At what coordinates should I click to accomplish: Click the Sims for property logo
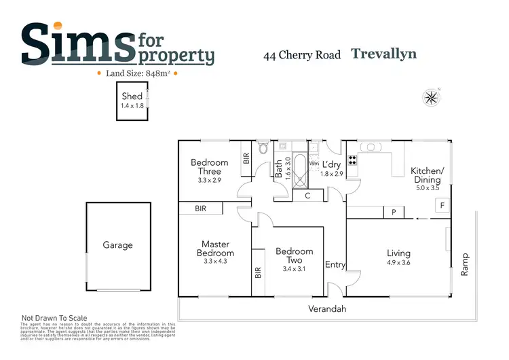[x=117, y=44]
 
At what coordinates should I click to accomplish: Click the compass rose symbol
[x=431, y=97]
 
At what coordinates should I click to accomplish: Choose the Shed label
[x=132, y=97]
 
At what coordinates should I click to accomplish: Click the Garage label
[x=117, y=245]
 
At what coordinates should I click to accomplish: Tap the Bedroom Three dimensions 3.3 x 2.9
[x=209, y=180]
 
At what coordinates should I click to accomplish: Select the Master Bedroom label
[x=215, y=249]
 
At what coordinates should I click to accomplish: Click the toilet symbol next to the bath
[x=263, y=149]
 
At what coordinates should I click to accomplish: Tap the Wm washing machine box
[x=314, y=164]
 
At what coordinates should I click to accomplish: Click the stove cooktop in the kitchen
[x=353, y=161]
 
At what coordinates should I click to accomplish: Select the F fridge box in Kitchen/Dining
[x=442, y=204]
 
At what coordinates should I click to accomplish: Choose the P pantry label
[x=393, y=213]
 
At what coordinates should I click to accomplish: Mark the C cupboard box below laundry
[x=307, y=196]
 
